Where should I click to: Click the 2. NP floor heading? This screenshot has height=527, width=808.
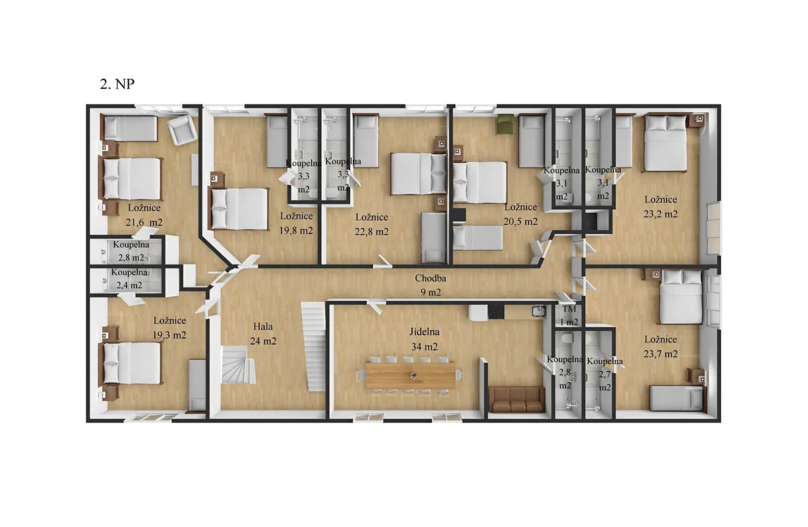117,84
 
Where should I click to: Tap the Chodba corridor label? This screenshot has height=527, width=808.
430,278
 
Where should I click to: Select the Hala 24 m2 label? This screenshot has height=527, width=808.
263,334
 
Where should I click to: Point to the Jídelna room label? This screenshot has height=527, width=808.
424,332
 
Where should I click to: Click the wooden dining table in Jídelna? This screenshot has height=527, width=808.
410,376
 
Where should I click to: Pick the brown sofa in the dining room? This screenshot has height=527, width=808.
516,399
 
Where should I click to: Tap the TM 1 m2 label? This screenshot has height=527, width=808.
569,316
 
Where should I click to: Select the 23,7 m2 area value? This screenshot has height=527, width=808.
661,354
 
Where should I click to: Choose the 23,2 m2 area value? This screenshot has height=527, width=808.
661,214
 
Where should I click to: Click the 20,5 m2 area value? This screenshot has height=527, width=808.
520,221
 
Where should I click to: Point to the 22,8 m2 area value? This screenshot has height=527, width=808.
372,232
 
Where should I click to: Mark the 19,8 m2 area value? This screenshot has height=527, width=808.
296,230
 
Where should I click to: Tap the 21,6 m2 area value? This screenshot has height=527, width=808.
144,222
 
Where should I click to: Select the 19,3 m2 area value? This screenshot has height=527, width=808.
169,335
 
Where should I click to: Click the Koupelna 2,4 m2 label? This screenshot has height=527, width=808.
129,279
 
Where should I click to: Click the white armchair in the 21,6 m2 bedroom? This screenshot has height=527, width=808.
182,130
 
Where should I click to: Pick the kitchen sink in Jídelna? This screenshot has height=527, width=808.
538,310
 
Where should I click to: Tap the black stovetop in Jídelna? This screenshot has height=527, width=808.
496,312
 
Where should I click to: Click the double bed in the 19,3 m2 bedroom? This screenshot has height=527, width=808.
132,363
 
